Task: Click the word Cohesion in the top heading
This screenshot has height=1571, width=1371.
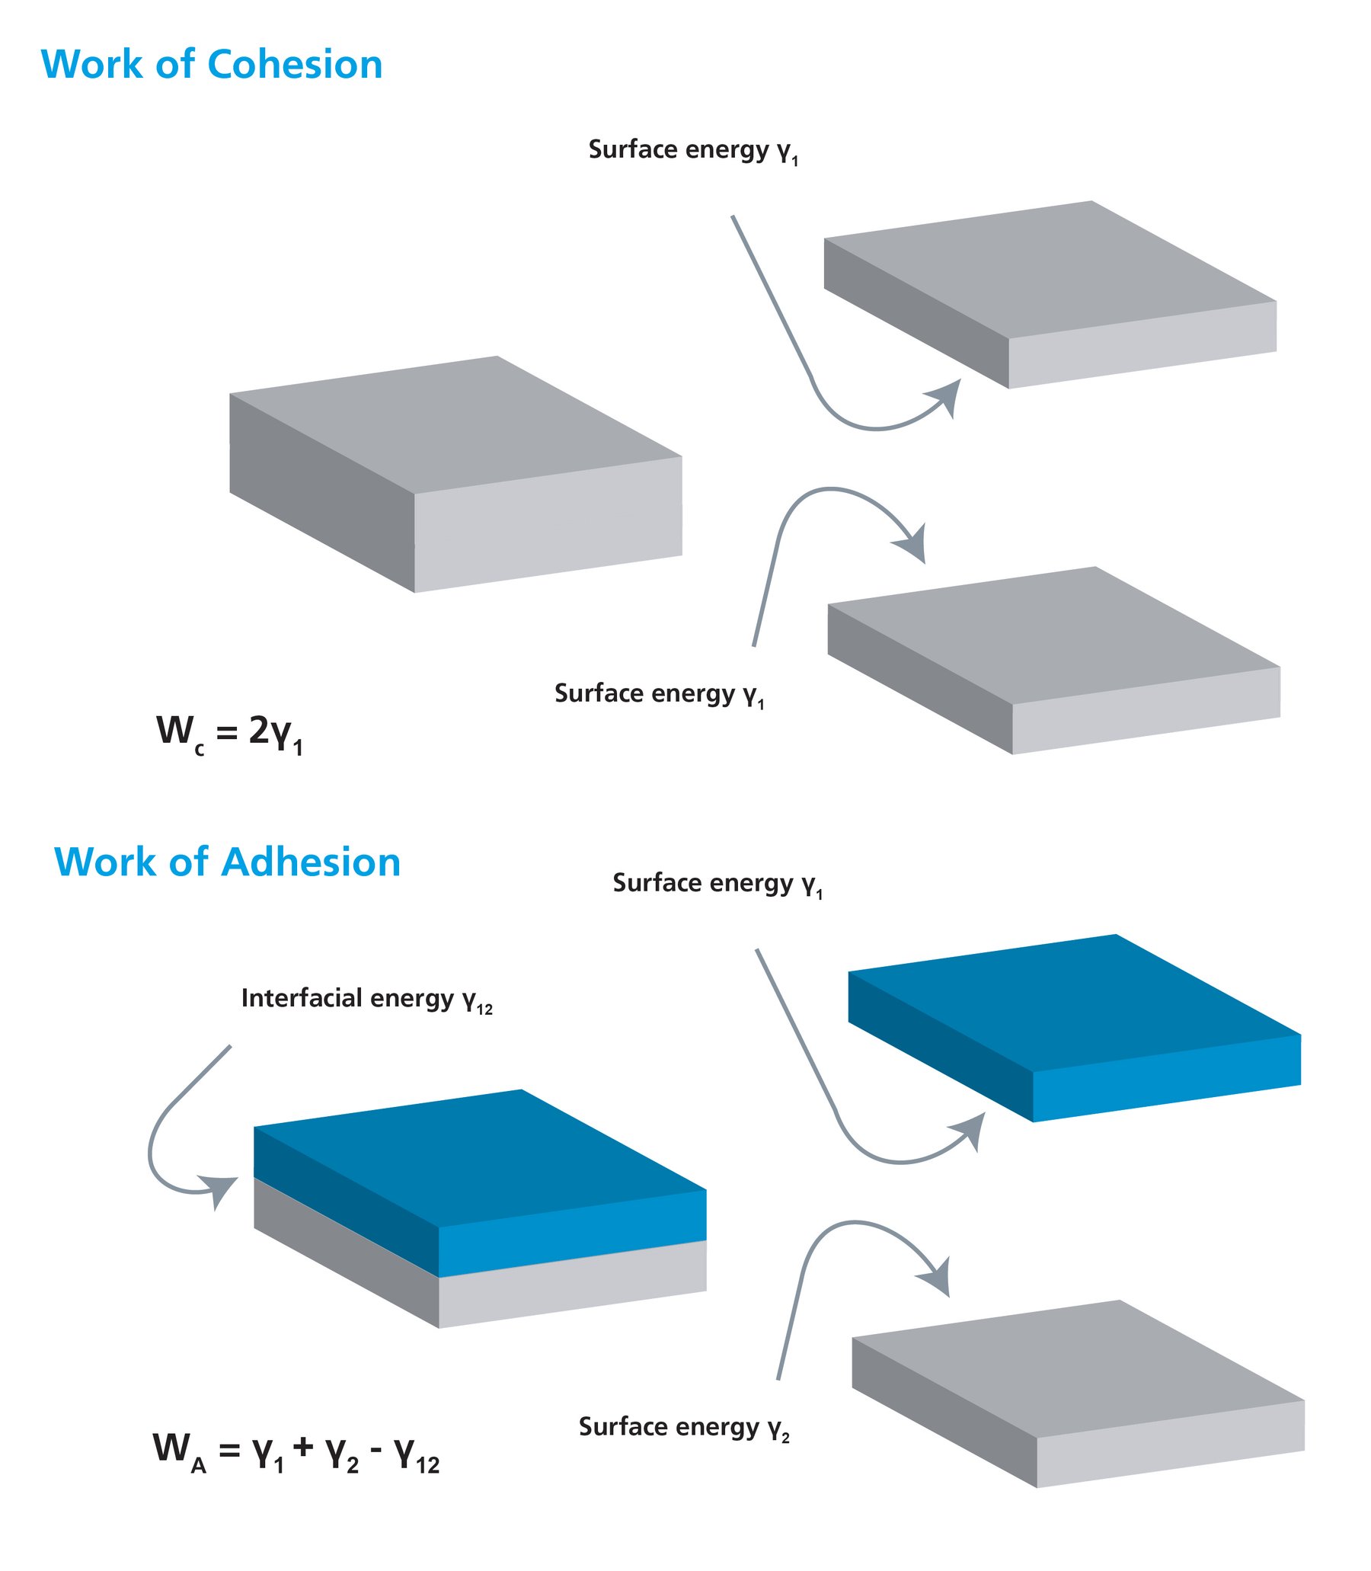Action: [x=295, y=64]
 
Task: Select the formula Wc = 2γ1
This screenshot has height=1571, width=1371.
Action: [x=229, y=733]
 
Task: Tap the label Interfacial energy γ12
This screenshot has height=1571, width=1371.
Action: [x=366, y=1000]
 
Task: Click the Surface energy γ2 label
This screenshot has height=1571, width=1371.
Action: [x=684, y=1427]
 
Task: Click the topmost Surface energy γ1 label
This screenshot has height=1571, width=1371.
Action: [x=693, y=150]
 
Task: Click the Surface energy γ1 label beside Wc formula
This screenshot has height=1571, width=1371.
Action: [x=660, y=694]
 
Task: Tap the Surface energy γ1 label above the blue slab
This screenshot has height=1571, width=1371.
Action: [x=717, y=884]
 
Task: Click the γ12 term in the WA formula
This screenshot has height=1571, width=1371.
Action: [x=417, y=1454]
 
